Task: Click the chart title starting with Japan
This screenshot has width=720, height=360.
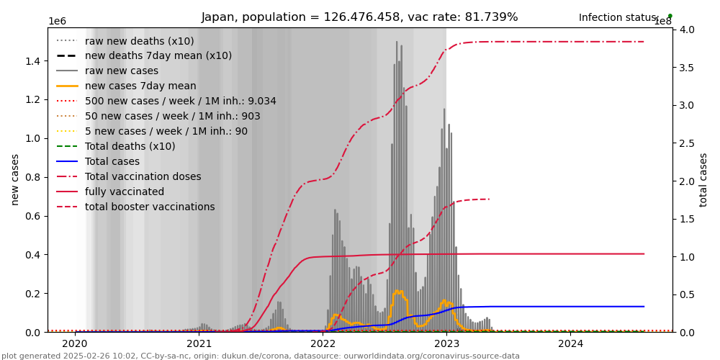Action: (x=359, y=17)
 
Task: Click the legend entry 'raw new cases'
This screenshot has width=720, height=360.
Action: (x=122, y=71)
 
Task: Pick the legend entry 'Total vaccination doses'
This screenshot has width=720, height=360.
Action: (x=143, y=176)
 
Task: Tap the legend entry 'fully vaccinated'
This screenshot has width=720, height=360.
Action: (x=125, y=192)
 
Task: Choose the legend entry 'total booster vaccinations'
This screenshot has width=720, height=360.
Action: (x=150, y=207)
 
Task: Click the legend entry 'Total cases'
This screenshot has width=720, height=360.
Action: (x=112, y=161)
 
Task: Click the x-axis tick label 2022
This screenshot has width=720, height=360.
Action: (x=323, y=343)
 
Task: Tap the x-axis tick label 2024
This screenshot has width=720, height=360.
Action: (x=570, y=343)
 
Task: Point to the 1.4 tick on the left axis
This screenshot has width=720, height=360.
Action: (x=33, y=61)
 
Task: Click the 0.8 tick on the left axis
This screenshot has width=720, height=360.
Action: (x=33, y=177)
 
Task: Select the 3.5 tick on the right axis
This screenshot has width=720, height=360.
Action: (x=686, y=68)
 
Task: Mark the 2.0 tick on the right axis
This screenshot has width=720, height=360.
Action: (x=686, y=181)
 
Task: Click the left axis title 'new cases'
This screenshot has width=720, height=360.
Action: (x=15, y=179)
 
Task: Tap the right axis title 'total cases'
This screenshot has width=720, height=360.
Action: (x=703, y=179)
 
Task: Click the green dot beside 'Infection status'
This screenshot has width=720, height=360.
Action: (x=670, y=16)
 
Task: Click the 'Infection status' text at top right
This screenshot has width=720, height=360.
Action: (x=618, y=17)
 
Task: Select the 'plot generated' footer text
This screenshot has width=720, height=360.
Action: (x=260, y=356)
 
